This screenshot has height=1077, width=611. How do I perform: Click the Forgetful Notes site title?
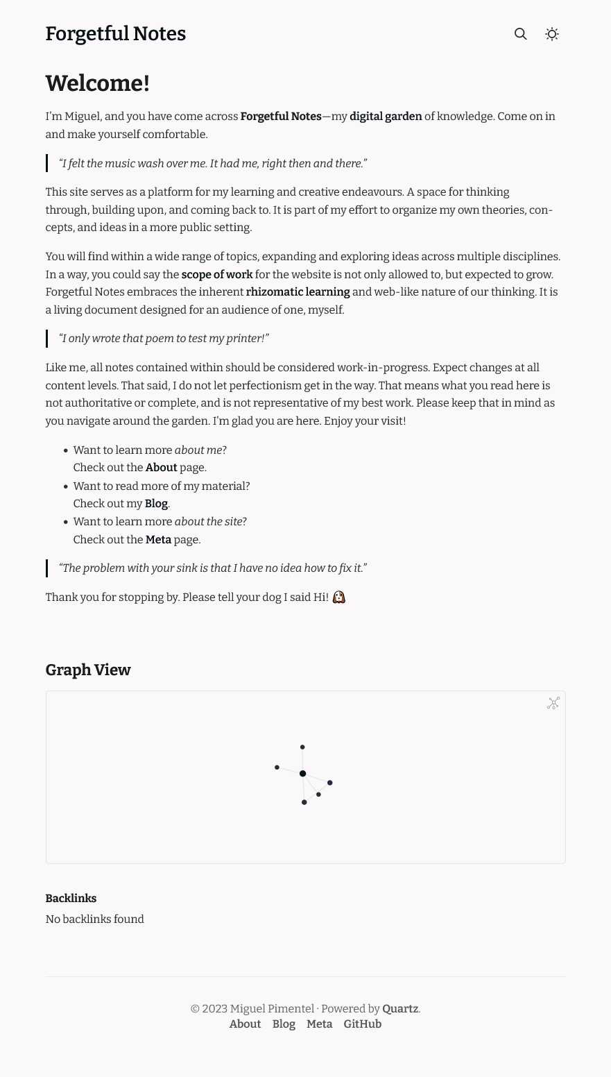pos(115,34)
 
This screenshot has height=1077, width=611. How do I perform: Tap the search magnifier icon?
pos(520,34)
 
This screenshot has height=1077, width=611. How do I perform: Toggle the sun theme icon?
pos(552,34)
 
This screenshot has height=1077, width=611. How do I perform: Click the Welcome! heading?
pos(97,83)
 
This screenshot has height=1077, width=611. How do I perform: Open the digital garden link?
pos(386,117)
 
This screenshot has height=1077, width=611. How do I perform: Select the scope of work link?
pos(216,274)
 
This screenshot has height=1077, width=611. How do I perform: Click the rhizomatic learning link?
pos(298,292)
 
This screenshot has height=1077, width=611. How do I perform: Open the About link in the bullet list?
pos(161,468)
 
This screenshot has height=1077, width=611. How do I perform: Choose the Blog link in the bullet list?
pos(156,504)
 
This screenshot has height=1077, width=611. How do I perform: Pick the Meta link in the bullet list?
pos(158,539)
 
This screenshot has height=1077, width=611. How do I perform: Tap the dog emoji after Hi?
pos(338,597)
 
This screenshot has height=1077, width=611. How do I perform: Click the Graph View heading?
pos(88,670)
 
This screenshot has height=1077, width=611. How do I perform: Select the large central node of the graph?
pos(302,773)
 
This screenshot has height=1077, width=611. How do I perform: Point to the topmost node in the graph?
pos(302,747)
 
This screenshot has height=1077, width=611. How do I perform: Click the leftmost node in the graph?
pos(277,768)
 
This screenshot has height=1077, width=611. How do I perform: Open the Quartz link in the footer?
pos(400,1009)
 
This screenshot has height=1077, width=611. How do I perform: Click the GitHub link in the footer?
pos(362,1024)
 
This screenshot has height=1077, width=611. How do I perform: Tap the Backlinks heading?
pos(71,899)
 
